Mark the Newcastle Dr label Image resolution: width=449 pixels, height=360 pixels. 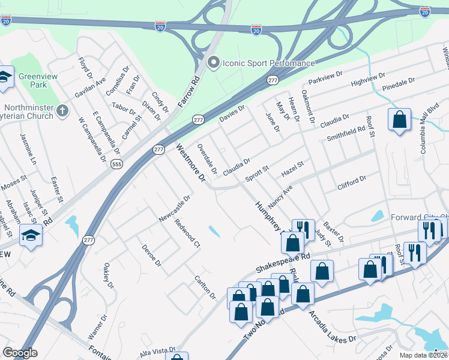pos(174,206)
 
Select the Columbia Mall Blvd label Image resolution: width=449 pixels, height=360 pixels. pos(430,131)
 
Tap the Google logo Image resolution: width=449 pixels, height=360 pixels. pos(20,353)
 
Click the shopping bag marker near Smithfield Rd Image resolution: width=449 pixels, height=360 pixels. pos(399,121)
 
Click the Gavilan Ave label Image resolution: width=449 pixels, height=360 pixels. pos(90,88)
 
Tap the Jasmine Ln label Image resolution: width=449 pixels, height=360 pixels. pos(28,149)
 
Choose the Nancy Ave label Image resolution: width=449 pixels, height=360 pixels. pos(280,196)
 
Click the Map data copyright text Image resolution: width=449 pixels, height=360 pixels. pos(424,355)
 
